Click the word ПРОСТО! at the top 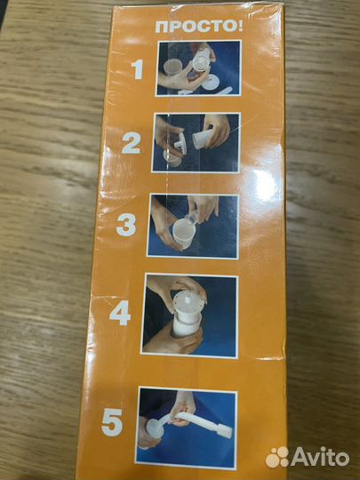[x=199, y=27]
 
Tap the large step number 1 [x=137, y=69]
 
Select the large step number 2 [x=131, y=143]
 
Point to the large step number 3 [x=126, y=225]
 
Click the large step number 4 [x=120, y=313]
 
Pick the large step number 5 [x=112, y=422]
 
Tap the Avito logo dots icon [x=277, y=458]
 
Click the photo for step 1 [x=198, y=68]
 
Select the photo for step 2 [x=196, y=142]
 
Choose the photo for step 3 [x=193, y=227]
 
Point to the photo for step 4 [x=190, y=316]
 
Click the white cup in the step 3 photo [x=184, y=233]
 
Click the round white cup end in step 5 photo [x=155, y=428]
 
